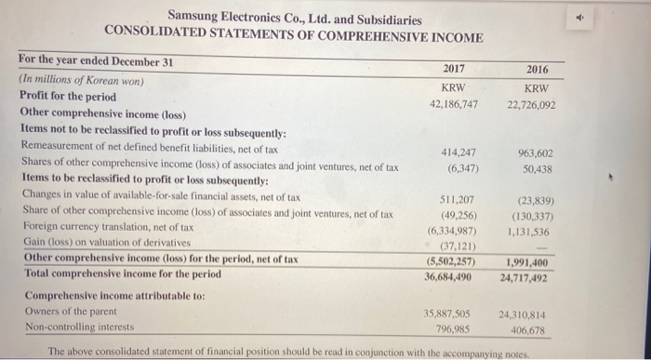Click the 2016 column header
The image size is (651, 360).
click(x=537, y=70)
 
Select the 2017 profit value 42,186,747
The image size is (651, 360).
click(x=453, y=103)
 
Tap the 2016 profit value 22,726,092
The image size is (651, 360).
click(x=531, y=104)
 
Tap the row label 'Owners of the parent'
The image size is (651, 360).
click(x=60, y=312)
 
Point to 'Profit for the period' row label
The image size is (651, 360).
click(x=68, y=96)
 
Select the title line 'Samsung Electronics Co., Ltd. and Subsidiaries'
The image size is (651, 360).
click(x=294, y=19)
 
